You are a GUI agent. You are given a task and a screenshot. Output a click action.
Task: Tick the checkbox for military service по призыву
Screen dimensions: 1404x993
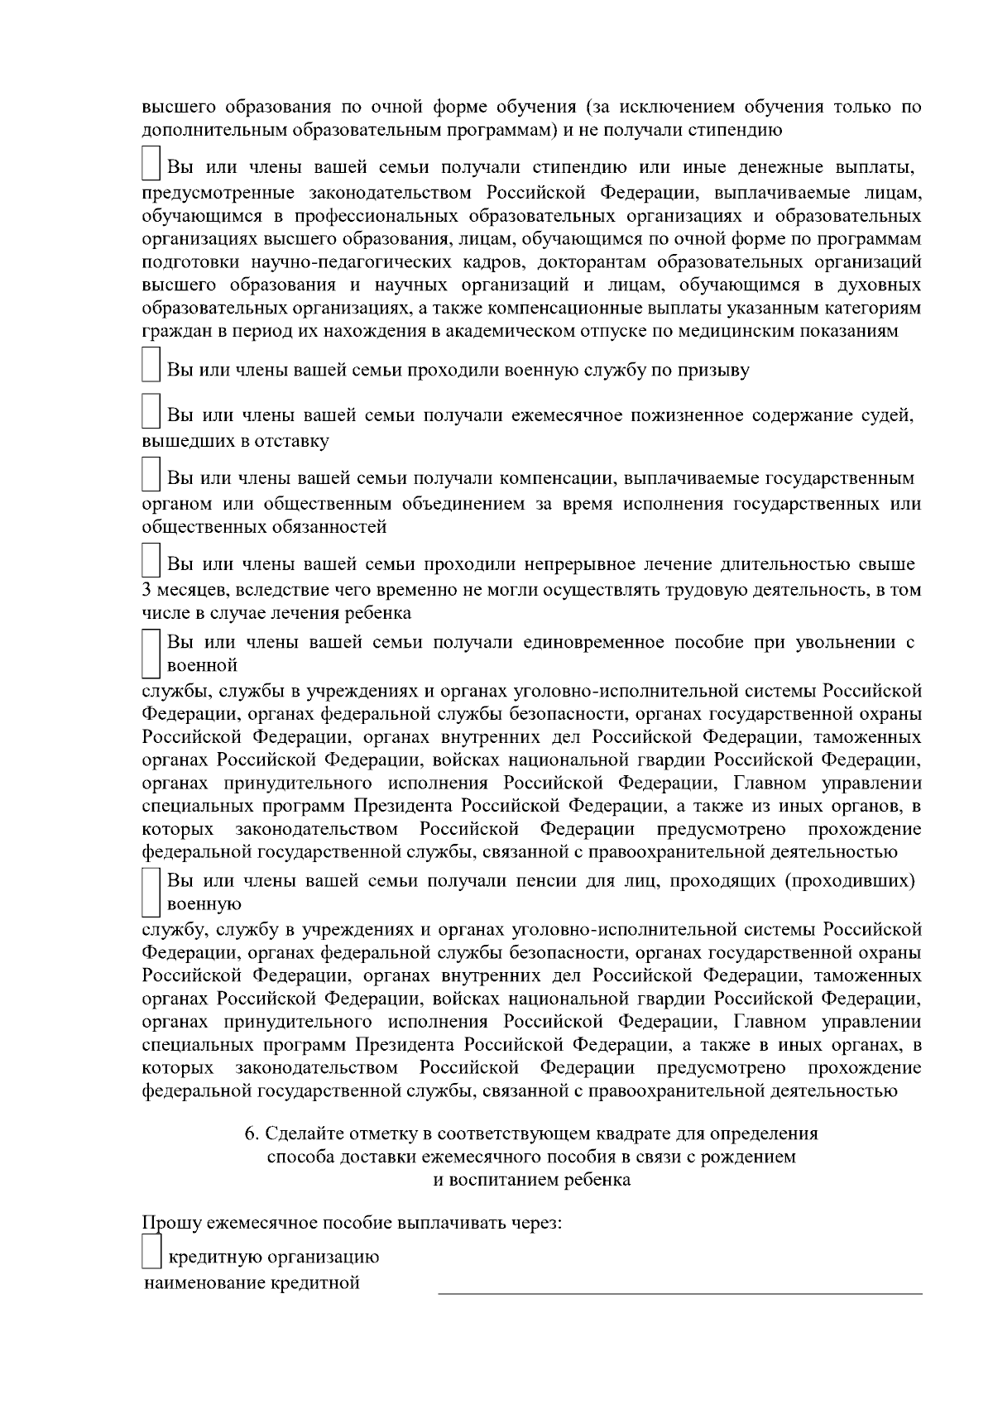150,364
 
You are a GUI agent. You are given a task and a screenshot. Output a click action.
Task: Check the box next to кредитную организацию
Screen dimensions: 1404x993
150,1250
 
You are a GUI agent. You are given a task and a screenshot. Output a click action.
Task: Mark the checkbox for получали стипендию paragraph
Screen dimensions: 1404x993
150,163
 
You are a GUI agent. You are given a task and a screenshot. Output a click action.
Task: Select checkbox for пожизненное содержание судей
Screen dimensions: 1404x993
150,412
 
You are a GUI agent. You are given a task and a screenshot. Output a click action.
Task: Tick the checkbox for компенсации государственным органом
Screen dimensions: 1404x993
150,474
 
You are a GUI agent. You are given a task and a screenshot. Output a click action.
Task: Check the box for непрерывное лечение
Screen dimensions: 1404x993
150,560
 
